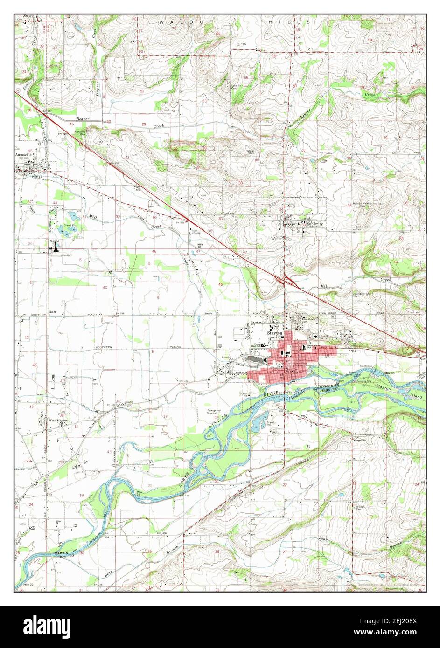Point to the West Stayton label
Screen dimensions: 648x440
[x=58, y=420]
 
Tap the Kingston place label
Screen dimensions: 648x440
[x=359, y=440]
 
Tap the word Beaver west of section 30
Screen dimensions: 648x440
[x=83, y=120]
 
